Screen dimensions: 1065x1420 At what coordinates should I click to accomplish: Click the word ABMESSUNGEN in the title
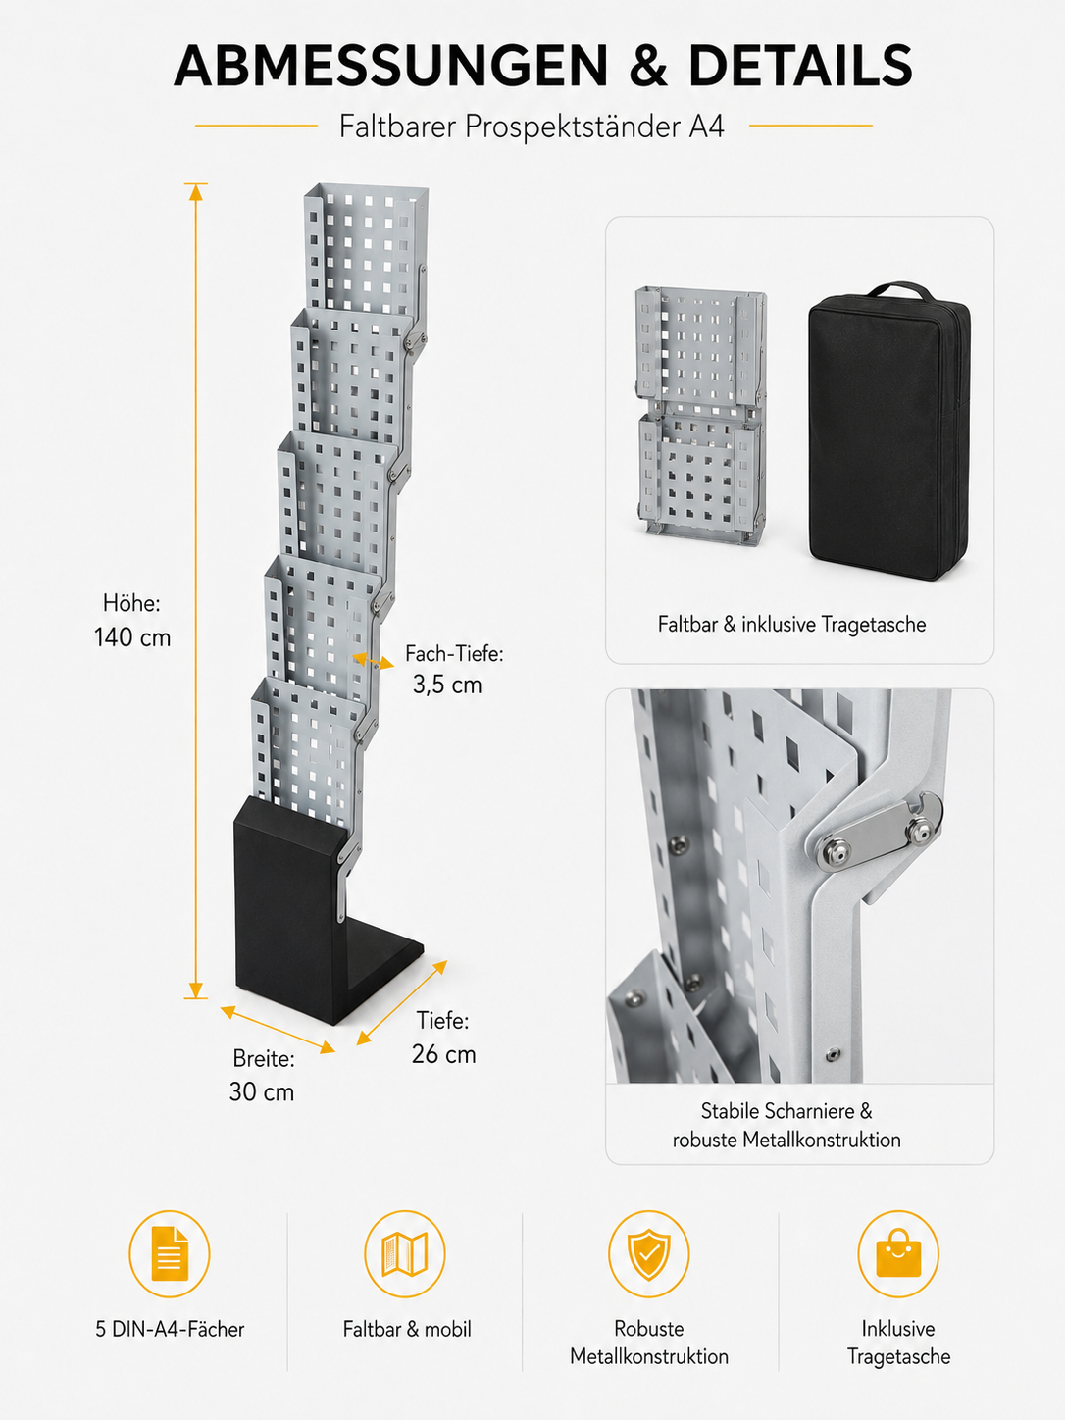pos(391,66)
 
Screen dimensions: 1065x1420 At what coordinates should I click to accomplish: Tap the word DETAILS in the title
pos(800,66)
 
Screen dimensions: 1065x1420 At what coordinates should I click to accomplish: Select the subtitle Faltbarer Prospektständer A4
pos(532,127)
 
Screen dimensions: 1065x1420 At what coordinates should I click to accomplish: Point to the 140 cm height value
pos(132,637)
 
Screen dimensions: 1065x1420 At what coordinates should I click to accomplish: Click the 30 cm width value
pos(261,1092)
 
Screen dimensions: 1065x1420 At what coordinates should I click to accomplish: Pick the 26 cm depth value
pos(443,1054)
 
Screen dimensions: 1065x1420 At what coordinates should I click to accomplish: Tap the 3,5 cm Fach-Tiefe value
pos(447,685)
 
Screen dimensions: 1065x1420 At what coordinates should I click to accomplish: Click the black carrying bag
pos(889,431)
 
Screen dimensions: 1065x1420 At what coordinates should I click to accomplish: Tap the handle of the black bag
pos(897,290)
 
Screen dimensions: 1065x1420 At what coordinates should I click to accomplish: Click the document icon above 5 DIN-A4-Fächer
pos(170,1254)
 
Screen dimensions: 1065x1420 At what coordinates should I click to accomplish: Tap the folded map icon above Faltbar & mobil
pos(405,1254)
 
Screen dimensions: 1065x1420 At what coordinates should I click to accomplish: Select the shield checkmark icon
pos(648,1254)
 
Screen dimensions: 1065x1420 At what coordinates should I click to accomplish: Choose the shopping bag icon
pos(898,1254)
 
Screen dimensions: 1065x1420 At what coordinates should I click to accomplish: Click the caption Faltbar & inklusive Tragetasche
pos(791,625)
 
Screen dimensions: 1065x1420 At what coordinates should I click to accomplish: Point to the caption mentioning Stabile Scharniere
pos(786,1125)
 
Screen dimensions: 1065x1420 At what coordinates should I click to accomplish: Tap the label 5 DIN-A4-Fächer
pos(170,1330)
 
